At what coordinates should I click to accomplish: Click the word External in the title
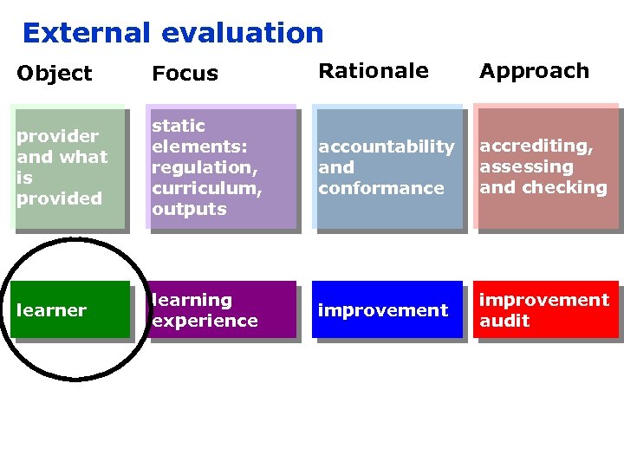(87, 33)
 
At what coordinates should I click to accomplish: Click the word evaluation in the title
(242, 33)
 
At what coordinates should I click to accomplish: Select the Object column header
(54, 74)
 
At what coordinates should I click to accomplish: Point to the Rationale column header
(374, 71)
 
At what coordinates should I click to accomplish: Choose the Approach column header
(534, 71)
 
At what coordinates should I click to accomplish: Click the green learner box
(71, 309)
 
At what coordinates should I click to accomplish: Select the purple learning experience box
(222, 309)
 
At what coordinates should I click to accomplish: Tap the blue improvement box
(387, 309)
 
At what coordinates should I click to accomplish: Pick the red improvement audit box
(545, 309)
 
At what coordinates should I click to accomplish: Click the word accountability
(386, 146)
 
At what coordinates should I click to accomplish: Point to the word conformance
(380, 188)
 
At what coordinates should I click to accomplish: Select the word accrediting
(536, 146)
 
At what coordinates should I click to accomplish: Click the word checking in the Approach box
(564, 187)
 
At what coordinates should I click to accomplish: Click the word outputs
(188, 209)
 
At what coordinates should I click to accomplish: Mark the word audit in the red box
(504, 321)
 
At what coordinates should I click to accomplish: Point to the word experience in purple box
(205, 321)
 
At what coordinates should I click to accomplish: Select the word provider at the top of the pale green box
(57, 136)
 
